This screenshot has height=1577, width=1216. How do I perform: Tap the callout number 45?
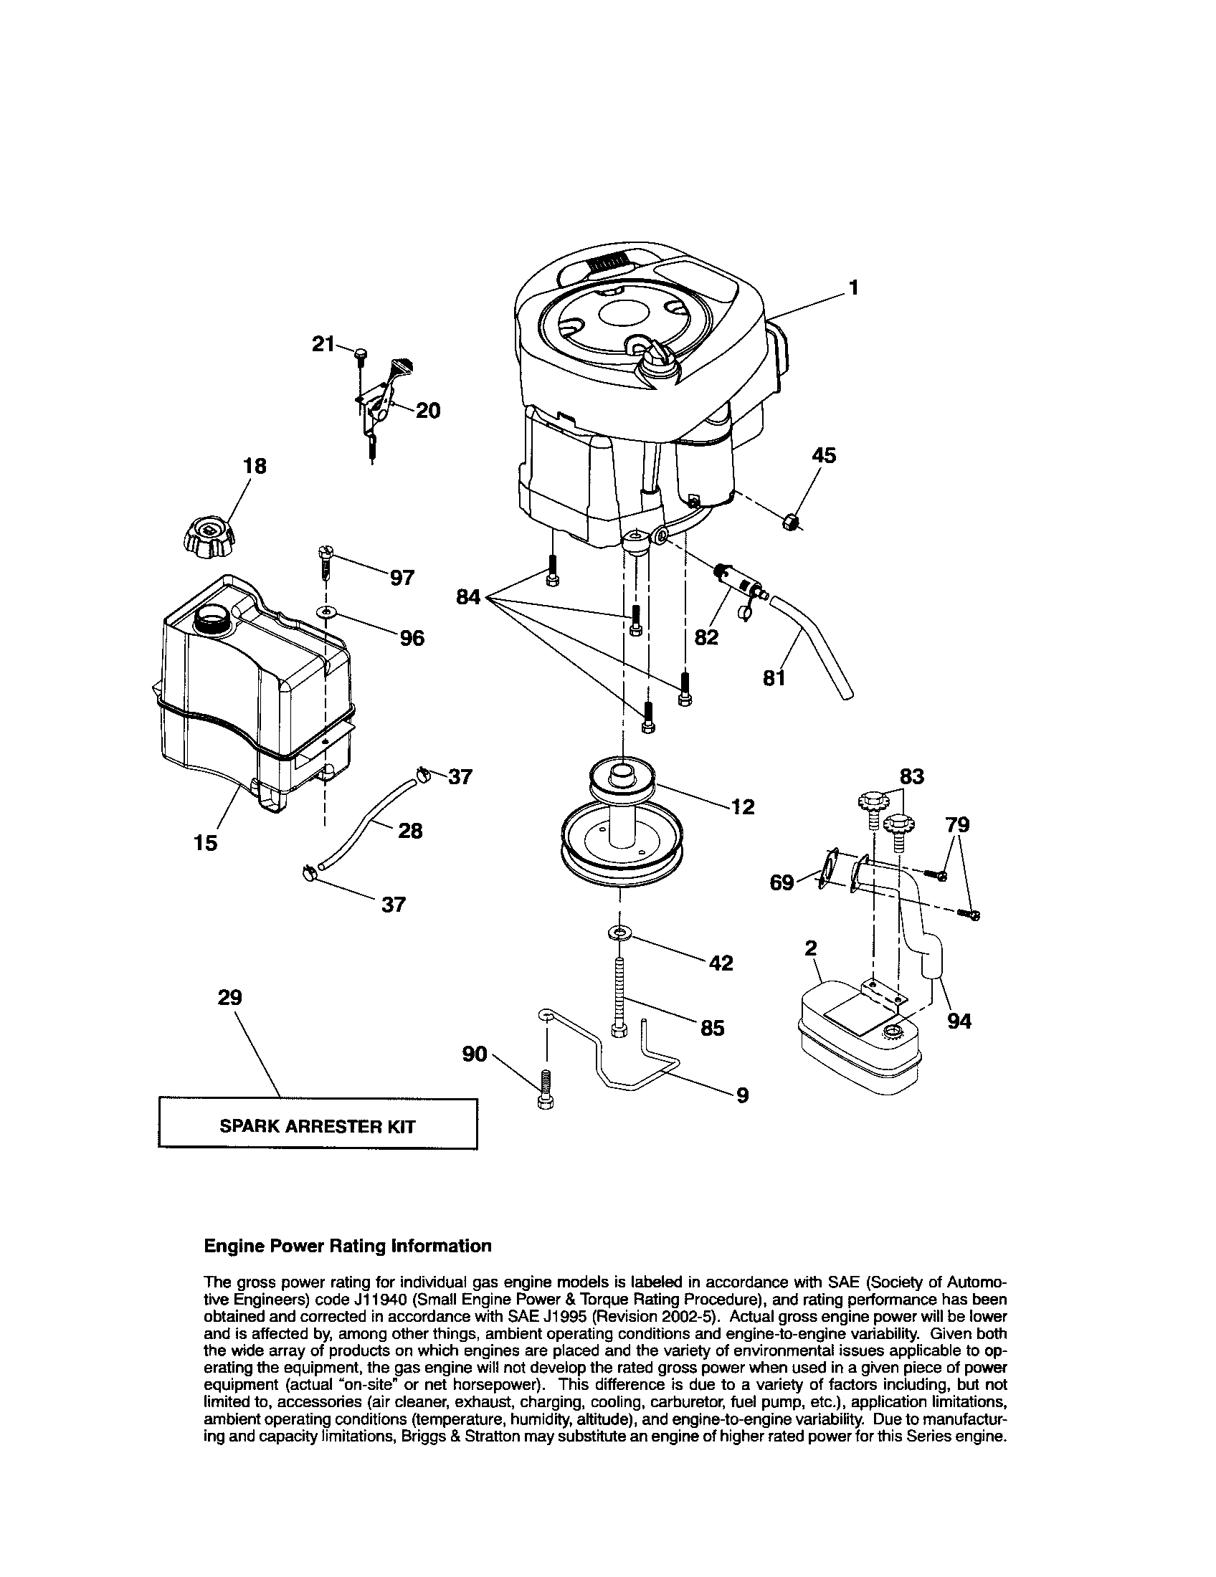coord(824,456)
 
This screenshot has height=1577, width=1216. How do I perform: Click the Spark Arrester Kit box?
coord(318,1125)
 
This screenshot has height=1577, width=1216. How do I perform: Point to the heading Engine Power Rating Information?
coord(347,1247)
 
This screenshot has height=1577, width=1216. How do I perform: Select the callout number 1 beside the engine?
coord(853,288)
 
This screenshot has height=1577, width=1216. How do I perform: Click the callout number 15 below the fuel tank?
coord(206,843)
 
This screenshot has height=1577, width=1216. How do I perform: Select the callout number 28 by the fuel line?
coord(410,831)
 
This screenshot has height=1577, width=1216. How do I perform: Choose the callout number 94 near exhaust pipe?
coord(959,1021)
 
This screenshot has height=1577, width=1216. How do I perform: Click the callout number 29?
coord(229,997)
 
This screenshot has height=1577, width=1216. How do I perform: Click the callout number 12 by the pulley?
coord(742,806)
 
